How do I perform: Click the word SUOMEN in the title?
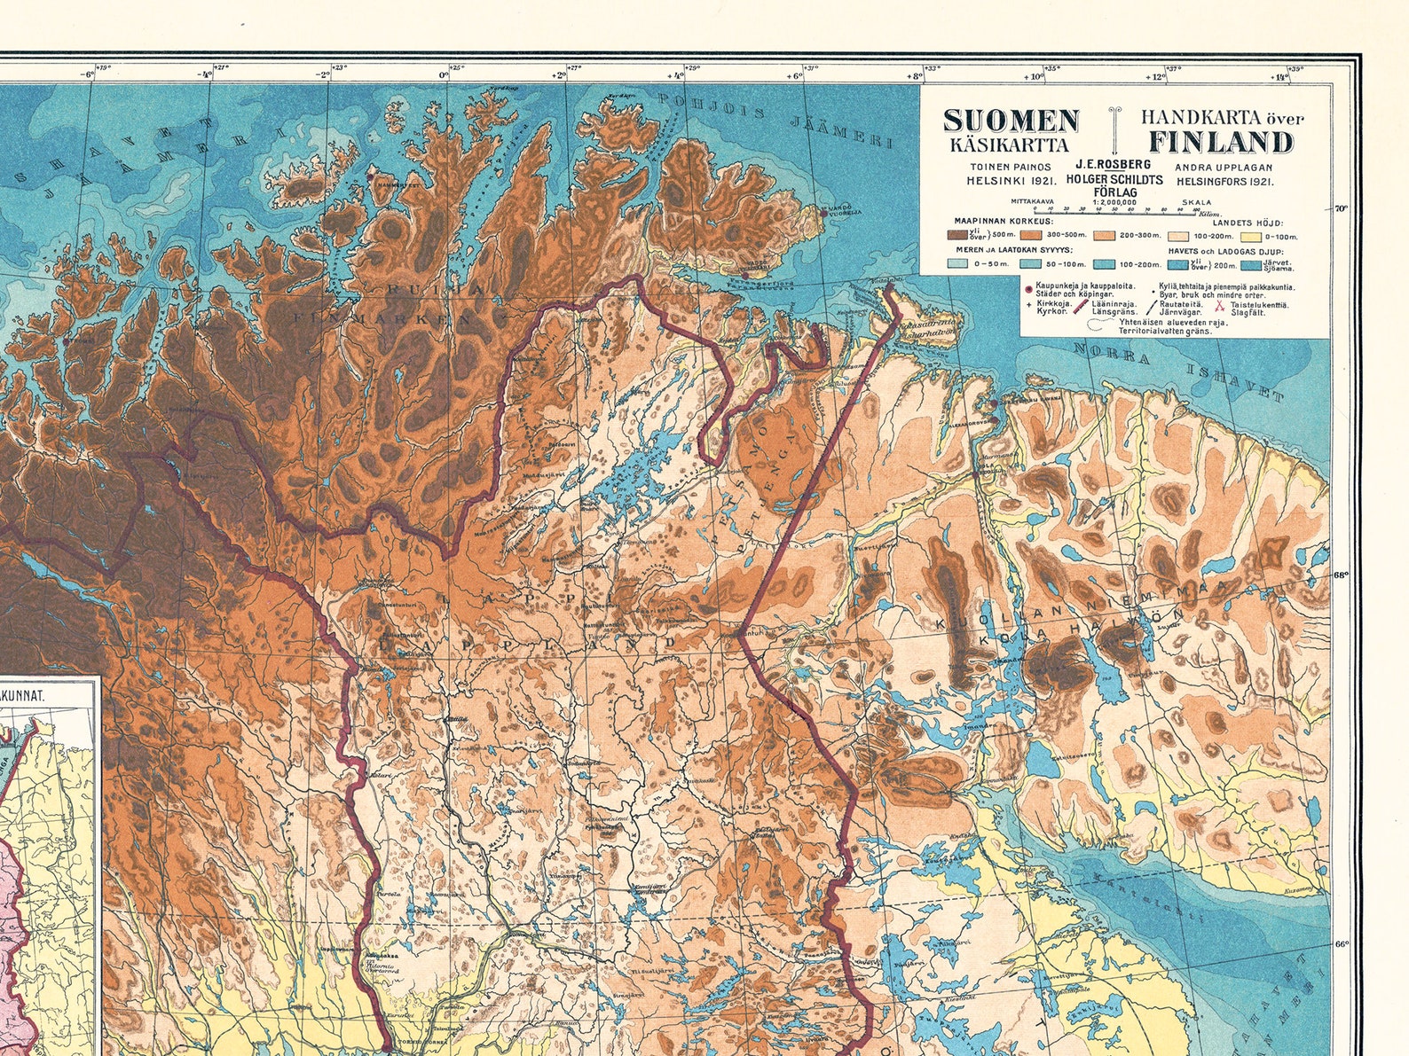point(1011,120)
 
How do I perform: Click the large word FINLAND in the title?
point(1222,142)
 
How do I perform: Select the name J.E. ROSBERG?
point(1114,165)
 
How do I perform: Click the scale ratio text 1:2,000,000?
point(1114,202)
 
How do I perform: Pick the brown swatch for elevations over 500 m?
point(957,235)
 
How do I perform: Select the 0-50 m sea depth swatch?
point(957,263)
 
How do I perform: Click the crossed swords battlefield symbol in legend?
point(1219,306)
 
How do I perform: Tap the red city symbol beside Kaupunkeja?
point(1028,289)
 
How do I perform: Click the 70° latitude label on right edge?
point(1341,209)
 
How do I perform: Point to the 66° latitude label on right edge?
point(1341,945)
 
